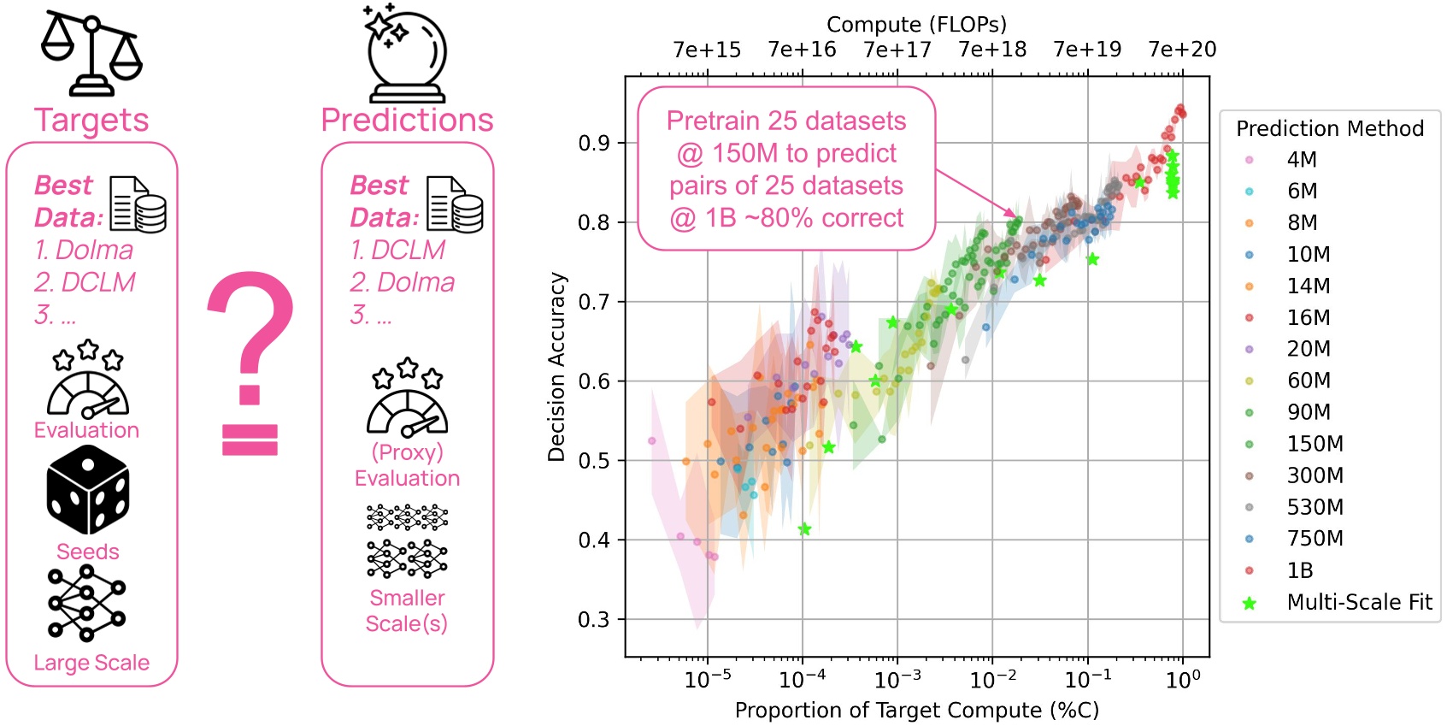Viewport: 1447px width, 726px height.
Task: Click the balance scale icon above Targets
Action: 91,53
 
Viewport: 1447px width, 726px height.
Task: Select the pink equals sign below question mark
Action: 250,440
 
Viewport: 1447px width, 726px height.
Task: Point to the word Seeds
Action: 88,552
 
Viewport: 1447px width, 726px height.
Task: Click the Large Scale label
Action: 91,663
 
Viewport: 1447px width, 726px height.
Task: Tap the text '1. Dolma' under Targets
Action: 84,251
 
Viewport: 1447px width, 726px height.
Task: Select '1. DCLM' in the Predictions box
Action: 398,251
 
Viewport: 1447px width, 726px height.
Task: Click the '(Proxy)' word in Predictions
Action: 407,452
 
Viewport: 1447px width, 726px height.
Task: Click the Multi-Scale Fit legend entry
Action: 1358,602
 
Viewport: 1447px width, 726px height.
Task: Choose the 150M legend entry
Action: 1315,444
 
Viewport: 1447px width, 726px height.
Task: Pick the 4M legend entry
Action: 1301,160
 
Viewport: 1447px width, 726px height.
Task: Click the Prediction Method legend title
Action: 1330,129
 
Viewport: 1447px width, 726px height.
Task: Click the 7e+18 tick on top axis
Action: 992,50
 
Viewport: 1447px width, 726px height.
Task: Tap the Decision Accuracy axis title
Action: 557,367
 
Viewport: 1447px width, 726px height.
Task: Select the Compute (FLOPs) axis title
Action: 916,24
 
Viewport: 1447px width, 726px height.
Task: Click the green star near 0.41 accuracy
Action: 804,529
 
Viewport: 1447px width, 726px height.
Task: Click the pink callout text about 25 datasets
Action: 786,169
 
